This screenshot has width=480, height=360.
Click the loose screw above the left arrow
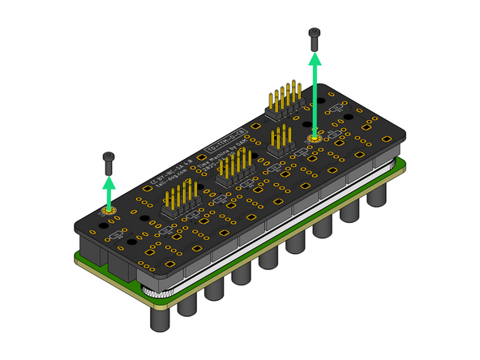point(107,161)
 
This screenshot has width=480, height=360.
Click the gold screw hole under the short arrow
point(107,212)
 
